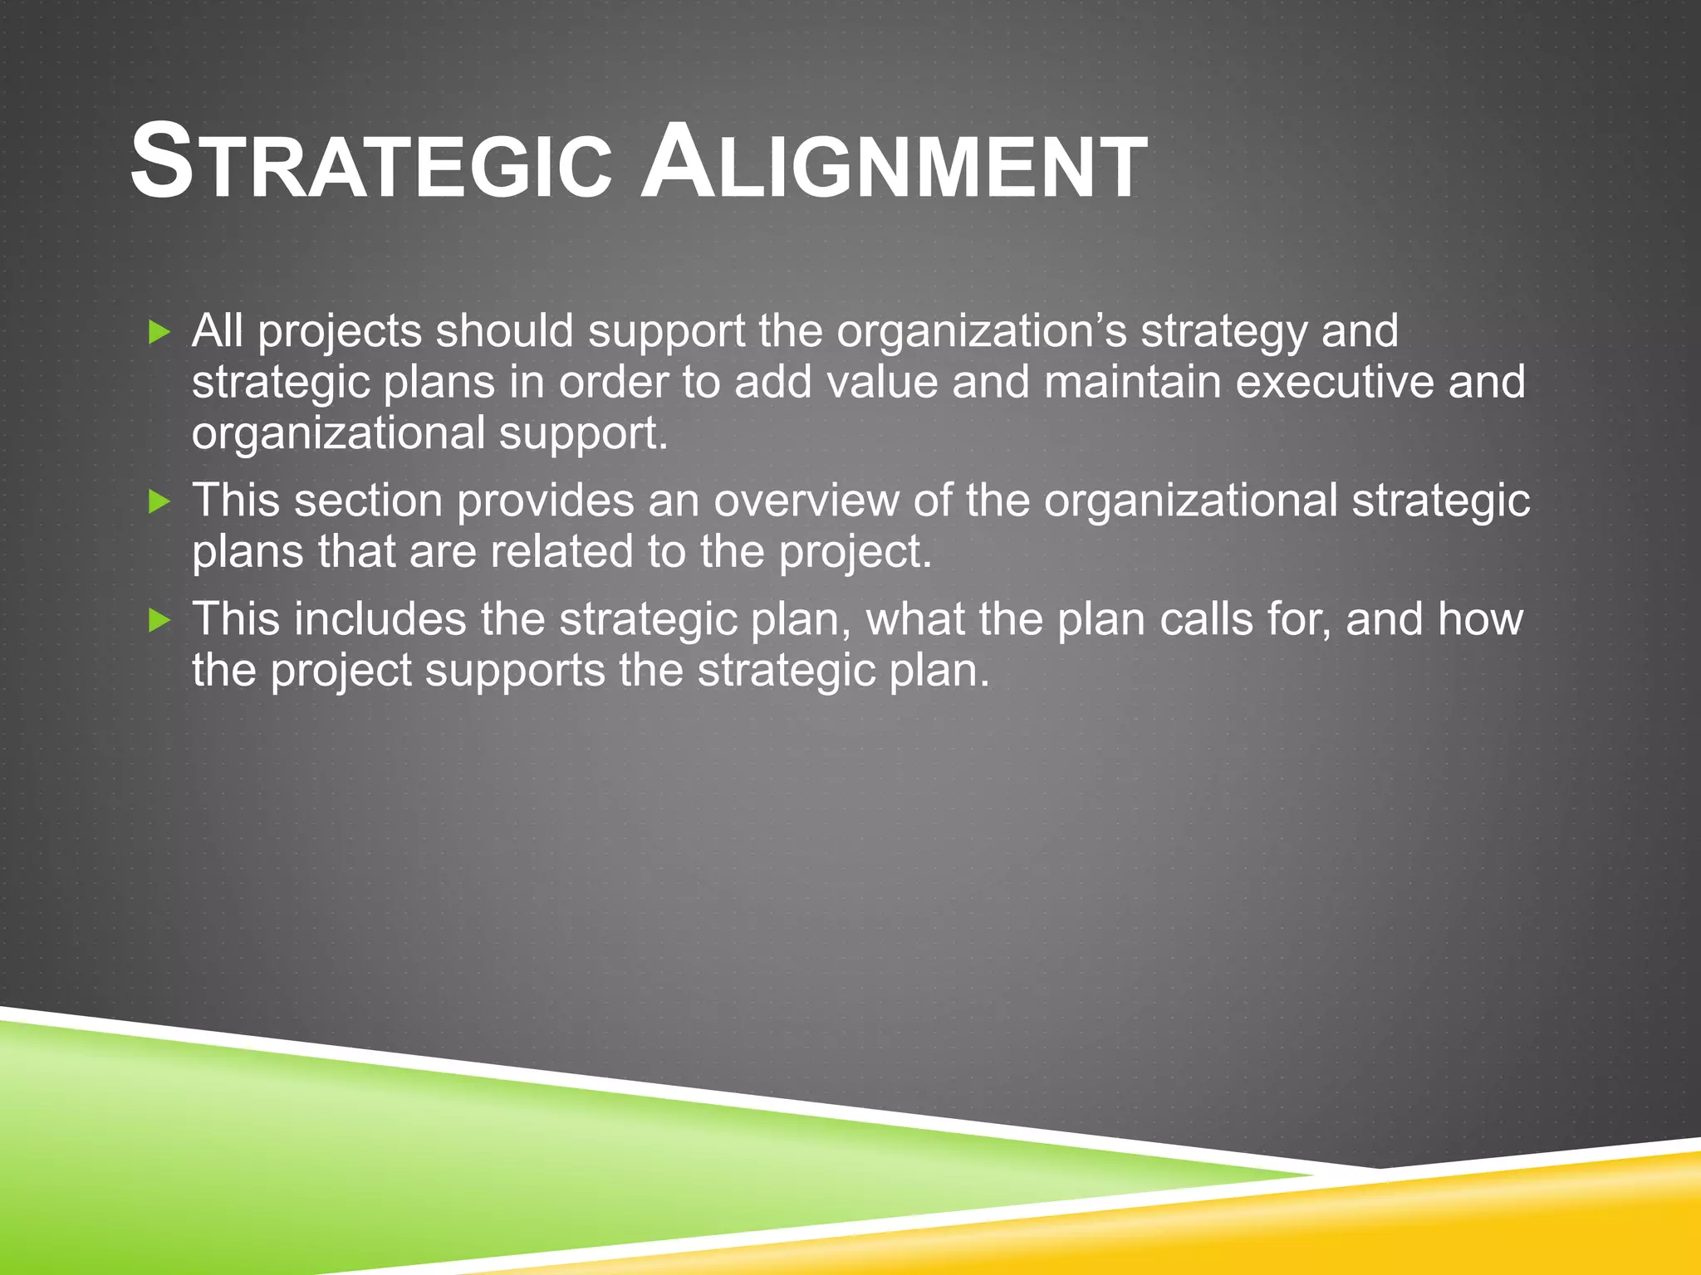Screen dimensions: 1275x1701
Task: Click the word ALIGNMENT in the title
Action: (x=894, y=163)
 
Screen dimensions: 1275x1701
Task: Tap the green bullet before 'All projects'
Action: (x=159, y=334)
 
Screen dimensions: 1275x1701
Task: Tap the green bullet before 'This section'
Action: (x=159, y=501)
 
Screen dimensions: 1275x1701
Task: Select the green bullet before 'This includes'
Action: (x=159, y=620)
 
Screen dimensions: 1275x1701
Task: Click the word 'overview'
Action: (x=806, y=501)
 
